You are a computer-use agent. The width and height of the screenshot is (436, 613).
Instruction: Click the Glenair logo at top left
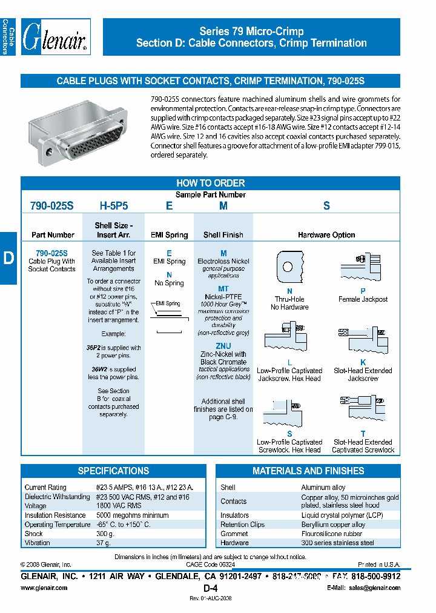(x=56, y=37)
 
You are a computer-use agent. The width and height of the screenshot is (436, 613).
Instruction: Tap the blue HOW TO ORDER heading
(x=210, y=183)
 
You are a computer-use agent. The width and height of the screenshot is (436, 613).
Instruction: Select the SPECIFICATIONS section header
(x=113, y=471)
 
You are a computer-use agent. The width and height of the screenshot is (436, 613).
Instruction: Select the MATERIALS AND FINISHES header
(x=308, y=471)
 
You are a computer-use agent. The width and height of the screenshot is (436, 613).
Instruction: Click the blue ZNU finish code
(x=223, y=346)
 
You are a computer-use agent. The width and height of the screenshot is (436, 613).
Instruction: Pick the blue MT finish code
(x=223, y=290)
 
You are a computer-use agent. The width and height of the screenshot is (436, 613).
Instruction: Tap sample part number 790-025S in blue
(x=51, y=206)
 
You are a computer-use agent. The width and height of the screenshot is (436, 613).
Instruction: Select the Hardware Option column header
(x=326, y=235)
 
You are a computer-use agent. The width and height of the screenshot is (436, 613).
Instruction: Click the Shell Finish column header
(x=223, y=235)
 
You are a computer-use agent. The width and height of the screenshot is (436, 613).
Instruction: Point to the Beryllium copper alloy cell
(x=333, y=525)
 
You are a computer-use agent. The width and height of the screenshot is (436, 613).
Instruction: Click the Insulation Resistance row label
(x=55, y=515)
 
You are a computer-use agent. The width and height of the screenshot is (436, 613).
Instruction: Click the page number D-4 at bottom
(x=210, y=588)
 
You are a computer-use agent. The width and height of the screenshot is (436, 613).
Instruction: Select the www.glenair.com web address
(x=44, y=588)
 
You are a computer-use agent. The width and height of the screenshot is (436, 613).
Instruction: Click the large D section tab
(x=8, y=258)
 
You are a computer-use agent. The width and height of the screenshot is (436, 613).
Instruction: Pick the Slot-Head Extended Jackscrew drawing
(x=362, y=342)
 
